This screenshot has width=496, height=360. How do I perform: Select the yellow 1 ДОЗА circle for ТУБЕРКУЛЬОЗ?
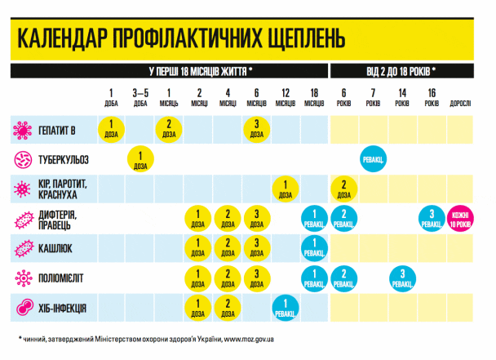pyautogui.click(x=140, y=158)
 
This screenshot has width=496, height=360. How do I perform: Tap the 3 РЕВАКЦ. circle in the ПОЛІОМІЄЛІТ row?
pyautogui.click(x=401, y=278)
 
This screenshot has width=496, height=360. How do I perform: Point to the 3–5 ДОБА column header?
pyautogui.click(x=140, y=97)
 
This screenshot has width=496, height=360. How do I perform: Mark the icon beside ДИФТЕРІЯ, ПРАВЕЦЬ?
pyautogui.click(x=24, y=218)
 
